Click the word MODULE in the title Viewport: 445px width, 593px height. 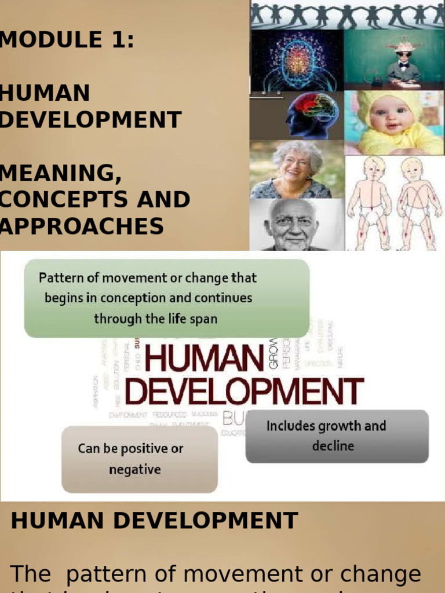43,40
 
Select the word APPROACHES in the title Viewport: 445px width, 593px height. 82,226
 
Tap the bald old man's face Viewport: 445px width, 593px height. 294,226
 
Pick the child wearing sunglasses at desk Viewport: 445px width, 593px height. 403,61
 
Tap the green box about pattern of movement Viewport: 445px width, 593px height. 167,298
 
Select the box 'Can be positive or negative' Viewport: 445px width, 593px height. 140,459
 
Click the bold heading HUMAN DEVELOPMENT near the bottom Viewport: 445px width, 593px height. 154,521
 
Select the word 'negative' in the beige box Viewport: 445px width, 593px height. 135,470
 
